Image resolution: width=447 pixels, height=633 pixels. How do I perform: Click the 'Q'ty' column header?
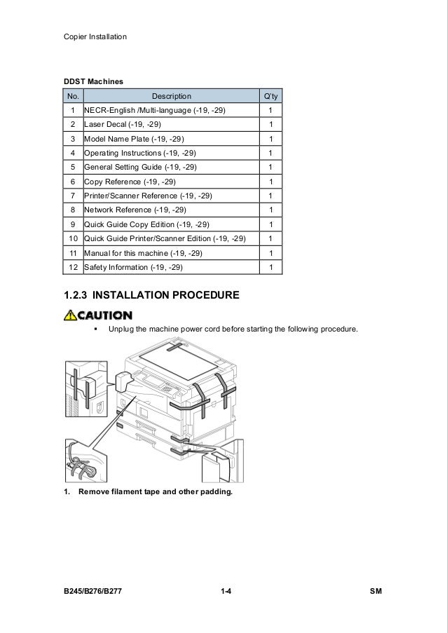(270, 96)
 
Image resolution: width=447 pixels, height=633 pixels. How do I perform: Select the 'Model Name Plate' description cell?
(135, 139)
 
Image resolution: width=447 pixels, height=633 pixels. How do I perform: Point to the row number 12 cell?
(72, 267)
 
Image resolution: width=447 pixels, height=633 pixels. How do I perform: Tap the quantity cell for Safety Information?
(270, 267)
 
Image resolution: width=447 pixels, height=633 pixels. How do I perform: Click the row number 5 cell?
(72, 168)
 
